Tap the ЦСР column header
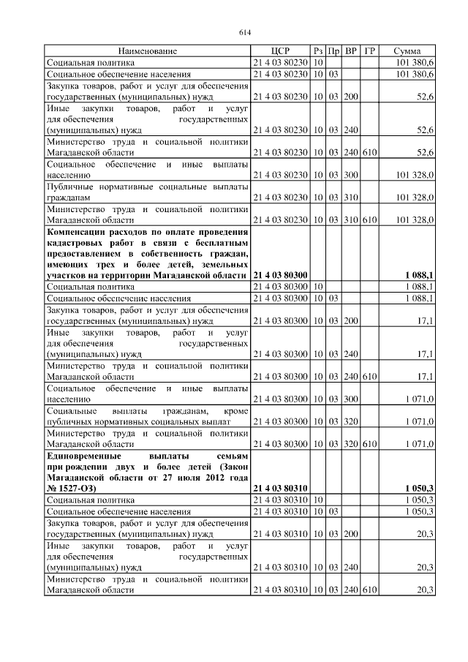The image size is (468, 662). pos(280,51)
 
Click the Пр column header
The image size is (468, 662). pos(333,51)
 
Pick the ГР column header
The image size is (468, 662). pos(370,51)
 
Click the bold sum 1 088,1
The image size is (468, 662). pos(419,274)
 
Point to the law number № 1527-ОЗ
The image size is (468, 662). pos(72,487)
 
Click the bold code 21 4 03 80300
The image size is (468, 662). pos(280,274)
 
